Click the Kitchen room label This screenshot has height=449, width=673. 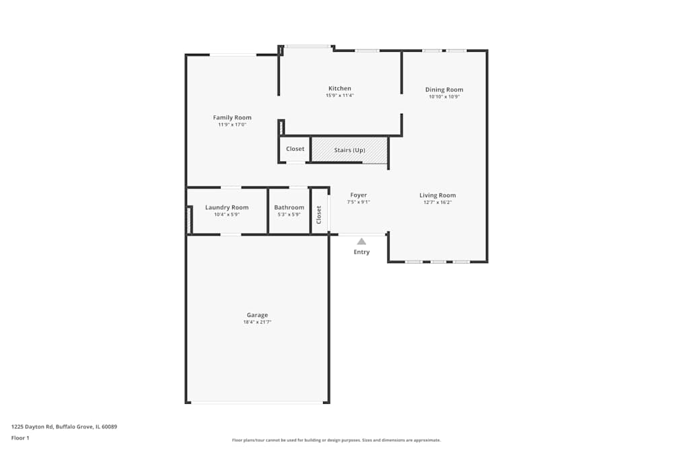[339, 89]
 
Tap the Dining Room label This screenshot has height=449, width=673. [444, 90]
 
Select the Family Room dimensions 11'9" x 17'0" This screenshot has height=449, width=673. [232, 125]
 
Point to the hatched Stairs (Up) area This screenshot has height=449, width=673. [349, 149]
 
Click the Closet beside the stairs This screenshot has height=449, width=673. [295, 149]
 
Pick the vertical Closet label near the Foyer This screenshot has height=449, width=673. [320, 215]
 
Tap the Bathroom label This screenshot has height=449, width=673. [289, 207]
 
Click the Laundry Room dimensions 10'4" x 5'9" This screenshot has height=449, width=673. [227, 215]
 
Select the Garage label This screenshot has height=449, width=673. [257, 315]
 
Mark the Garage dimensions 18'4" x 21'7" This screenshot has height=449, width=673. [257, 322]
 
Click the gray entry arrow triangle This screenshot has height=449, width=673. [361, 241]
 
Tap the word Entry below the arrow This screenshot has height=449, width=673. [361, 252]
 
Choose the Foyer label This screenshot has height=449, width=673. [359, 195]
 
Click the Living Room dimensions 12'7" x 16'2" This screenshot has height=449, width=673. [437, 203]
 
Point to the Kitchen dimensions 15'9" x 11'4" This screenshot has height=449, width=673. [339, 96]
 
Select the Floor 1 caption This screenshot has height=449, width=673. [20, 438]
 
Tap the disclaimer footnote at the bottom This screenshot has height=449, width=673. [336, 440]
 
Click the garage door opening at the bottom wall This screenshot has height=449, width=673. [257, 403]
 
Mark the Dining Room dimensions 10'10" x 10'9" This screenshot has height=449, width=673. [444, 97]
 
